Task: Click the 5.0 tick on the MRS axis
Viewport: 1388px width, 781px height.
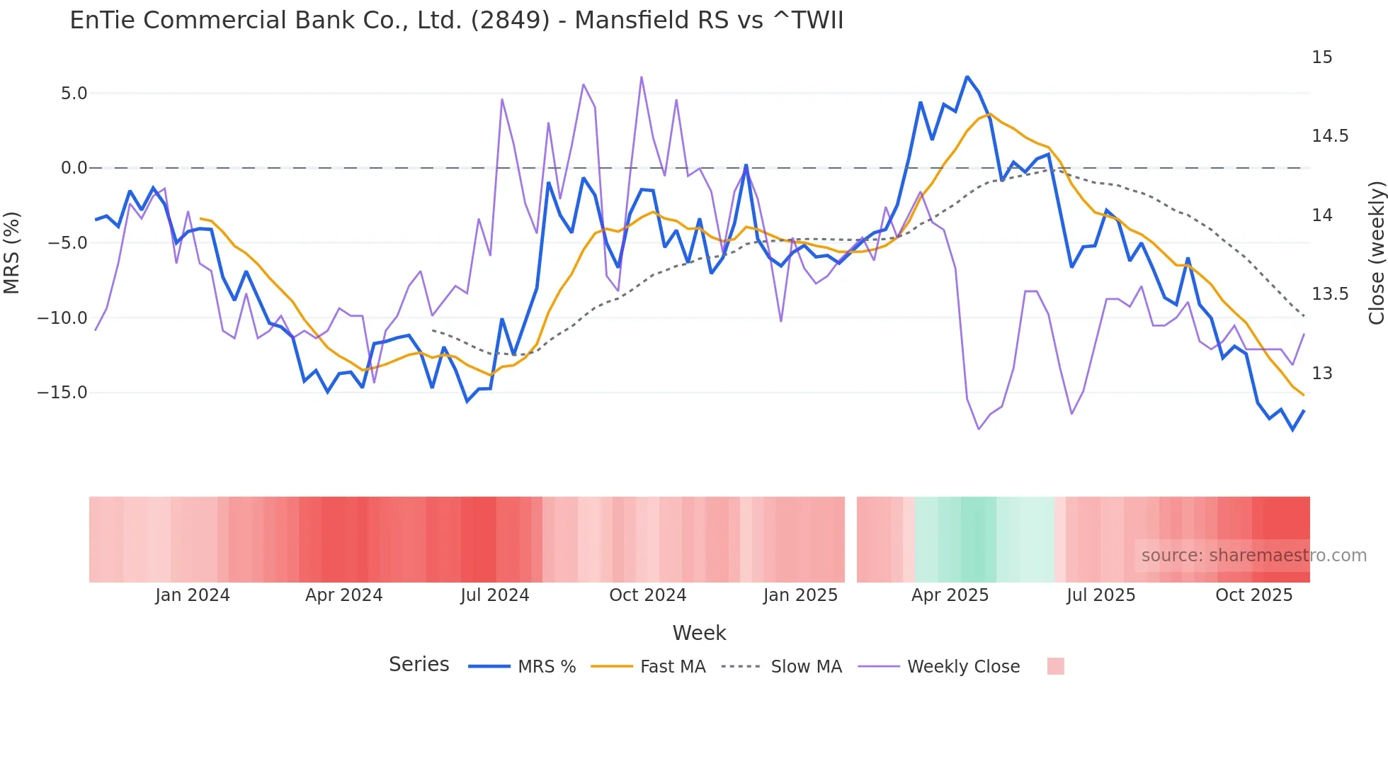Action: coord(74,94)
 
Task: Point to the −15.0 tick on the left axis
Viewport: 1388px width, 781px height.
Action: coord(62,393)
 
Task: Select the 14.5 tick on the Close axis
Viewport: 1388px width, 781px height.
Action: coord(1329,136)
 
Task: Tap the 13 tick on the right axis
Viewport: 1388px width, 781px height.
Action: coord(1321,373)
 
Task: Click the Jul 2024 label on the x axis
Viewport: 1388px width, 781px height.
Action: coord(494,595)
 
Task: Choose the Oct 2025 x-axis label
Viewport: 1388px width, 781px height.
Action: coord(1253,595)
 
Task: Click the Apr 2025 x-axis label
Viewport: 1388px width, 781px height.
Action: coord(950,595)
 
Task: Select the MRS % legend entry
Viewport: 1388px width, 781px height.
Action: coord(546,667)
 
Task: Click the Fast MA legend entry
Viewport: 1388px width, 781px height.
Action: coord(672,667)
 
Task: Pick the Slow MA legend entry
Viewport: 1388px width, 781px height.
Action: coord(806,667)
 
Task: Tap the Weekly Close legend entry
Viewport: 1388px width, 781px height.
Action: coord(963,667)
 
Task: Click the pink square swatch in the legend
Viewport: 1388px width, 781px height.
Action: coord(1055,666)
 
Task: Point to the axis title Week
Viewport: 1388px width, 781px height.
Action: coord(699,633)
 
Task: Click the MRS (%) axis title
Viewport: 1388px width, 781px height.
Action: coord(12,253)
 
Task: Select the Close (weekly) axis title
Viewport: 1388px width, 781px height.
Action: coord(1376,253)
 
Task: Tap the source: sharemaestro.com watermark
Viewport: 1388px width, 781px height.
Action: coord(1253,556)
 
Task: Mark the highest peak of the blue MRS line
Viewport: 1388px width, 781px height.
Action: coord(967,77)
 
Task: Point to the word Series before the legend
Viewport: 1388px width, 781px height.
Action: coord(419,665)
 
